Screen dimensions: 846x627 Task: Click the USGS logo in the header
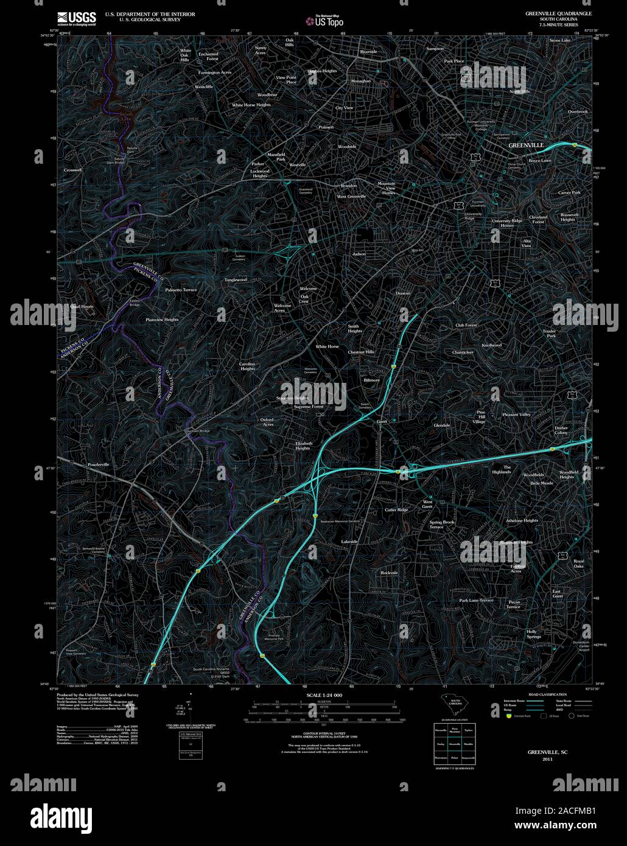click(x=76, y=18)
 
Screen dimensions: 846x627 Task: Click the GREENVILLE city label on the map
click(x=526, y=145)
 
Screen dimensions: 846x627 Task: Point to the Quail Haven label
click(x=82, y=307)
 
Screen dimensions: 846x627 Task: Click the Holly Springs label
click(x=533, y=634)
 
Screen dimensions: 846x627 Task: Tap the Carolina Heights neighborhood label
click(x=247, y=366)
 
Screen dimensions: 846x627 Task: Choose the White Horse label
click(x=327, y=346)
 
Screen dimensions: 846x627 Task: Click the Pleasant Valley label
click(x=516, y=414)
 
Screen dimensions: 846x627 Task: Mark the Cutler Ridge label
click(x=396, y=509)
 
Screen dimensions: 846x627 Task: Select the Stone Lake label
click(x=560, y=40)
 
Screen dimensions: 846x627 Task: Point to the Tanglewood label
click(x=236, y=279)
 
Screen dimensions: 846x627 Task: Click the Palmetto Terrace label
click(x=181, y=290)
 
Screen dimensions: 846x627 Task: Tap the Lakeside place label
click(x=349, y=541)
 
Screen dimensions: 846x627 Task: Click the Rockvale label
click(x=389, y=573)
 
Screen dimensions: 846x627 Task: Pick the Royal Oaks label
click(x=578, y=564)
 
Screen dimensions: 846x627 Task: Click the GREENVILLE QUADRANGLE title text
click(x=558, y=13)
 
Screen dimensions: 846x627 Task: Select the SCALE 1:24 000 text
click(x=324, y=695)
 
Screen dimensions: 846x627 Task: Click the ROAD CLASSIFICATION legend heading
click(x=547, y=694)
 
